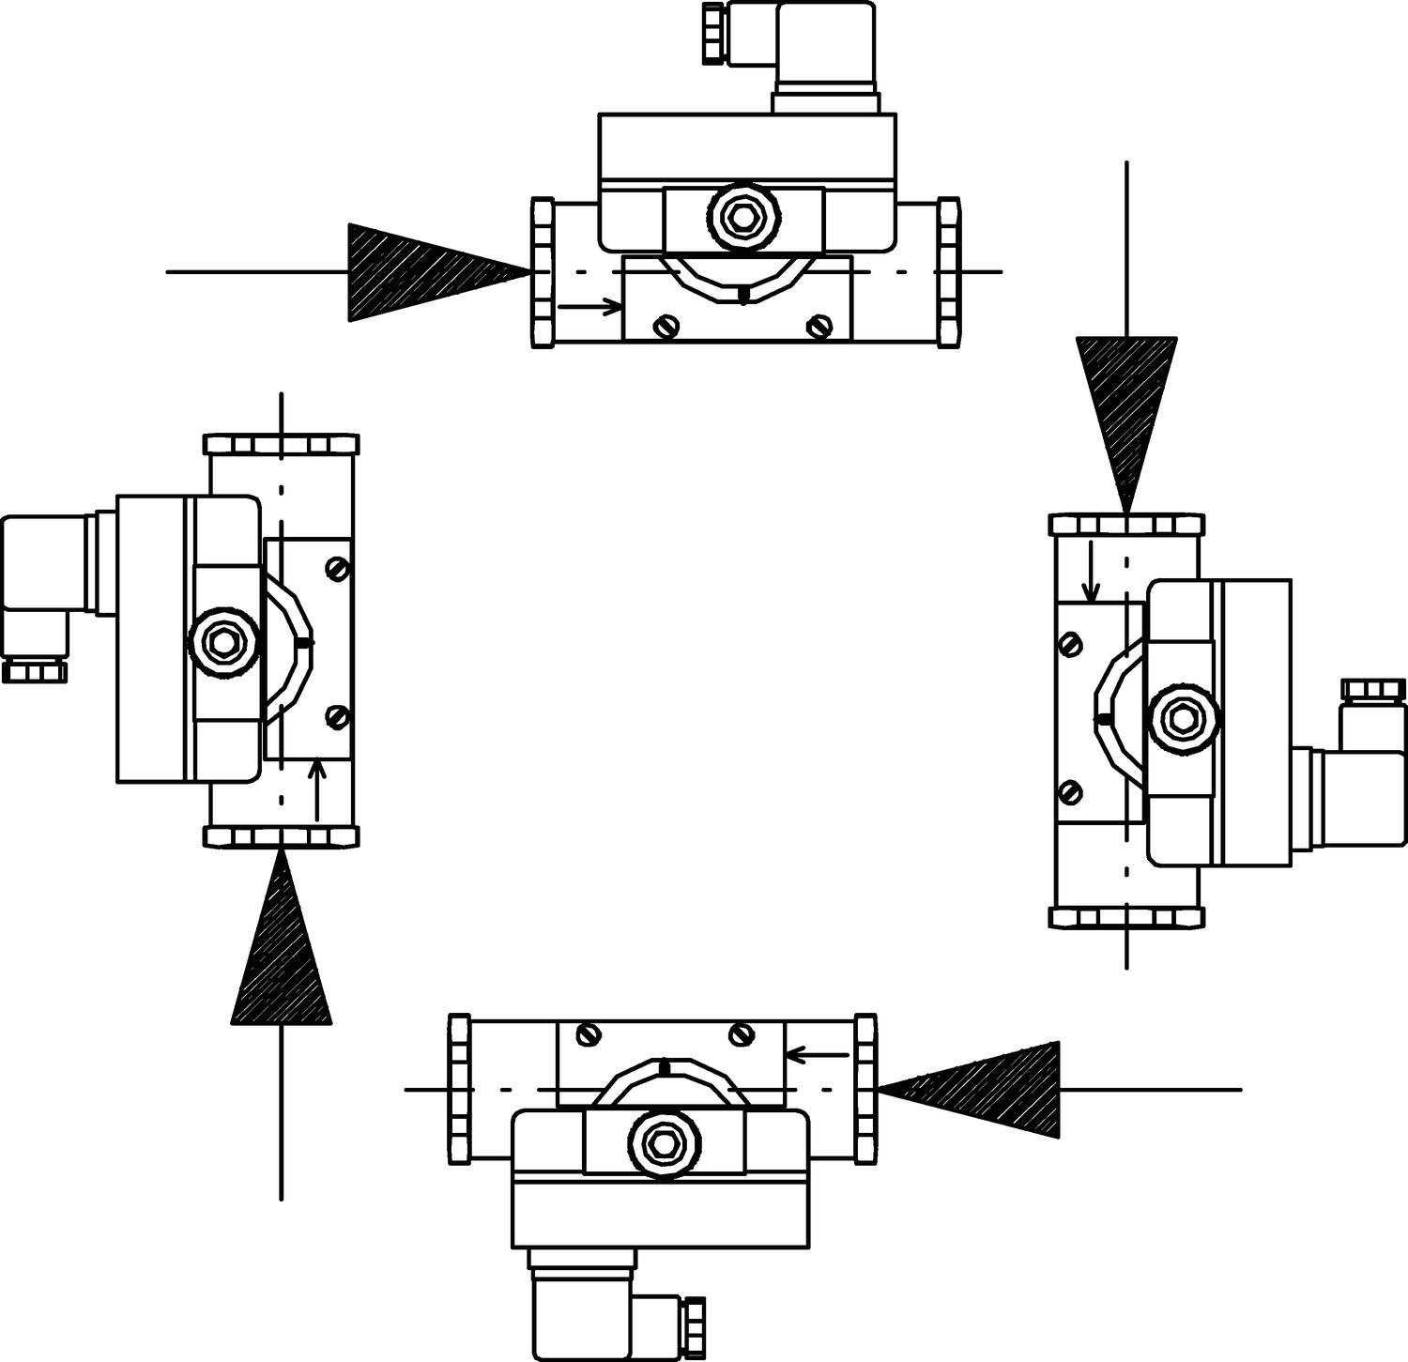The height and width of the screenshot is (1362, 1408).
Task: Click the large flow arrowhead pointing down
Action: pyautogui.click(x=1126, y=404)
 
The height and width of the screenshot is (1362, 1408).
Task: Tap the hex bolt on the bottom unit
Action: pyautogui.click(x=664, y=1143)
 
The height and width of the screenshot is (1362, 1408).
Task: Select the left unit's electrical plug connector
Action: pyautogui.click(x=47, y=591)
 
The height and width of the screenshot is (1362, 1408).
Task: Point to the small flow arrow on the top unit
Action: pyautogui.click(x=589, y=306)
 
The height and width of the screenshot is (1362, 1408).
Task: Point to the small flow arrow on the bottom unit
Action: pyautogui.click(x=817, y=1055)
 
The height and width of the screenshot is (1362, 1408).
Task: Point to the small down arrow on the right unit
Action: pyautogui.click(x=1091, y=571)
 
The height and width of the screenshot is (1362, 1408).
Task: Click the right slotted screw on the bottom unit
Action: pyautogui.click(x=742, y=1034)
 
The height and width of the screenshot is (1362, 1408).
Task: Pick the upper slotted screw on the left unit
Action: pyautogui.click(x=339, y=569)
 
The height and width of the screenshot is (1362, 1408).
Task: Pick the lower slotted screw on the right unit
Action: pyautogui.click(x=1069, y=791)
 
